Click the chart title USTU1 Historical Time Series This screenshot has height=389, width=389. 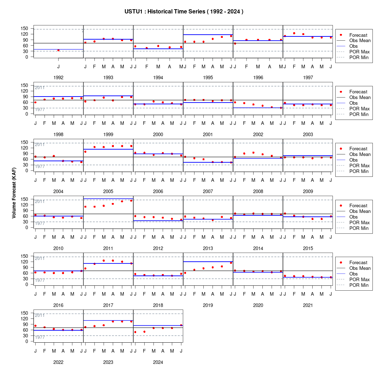pos(184,11)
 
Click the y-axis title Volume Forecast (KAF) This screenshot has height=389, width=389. pos(14,193)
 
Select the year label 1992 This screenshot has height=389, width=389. pos(58,78)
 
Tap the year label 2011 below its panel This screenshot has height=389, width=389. pos(108,248)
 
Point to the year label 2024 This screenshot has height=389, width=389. pos(158,362)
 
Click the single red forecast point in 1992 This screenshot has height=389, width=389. pos(58,50)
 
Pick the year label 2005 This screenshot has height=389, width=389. pos(108,192)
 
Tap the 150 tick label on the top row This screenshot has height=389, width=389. pos(24,29)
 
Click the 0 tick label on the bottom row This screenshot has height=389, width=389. pos(27,341)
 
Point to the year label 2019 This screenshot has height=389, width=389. pos(208,306)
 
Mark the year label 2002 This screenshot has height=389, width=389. pos(258,134)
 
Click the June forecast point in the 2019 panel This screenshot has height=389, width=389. pos(231,263)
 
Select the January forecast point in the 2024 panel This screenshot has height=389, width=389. pos(135,332)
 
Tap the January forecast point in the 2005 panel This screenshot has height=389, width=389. pos(85,152)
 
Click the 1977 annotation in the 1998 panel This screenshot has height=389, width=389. pos(40,110)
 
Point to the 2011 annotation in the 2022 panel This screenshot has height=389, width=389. pos(40,315)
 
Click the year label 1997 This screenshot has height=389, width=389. pos(308,78)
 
